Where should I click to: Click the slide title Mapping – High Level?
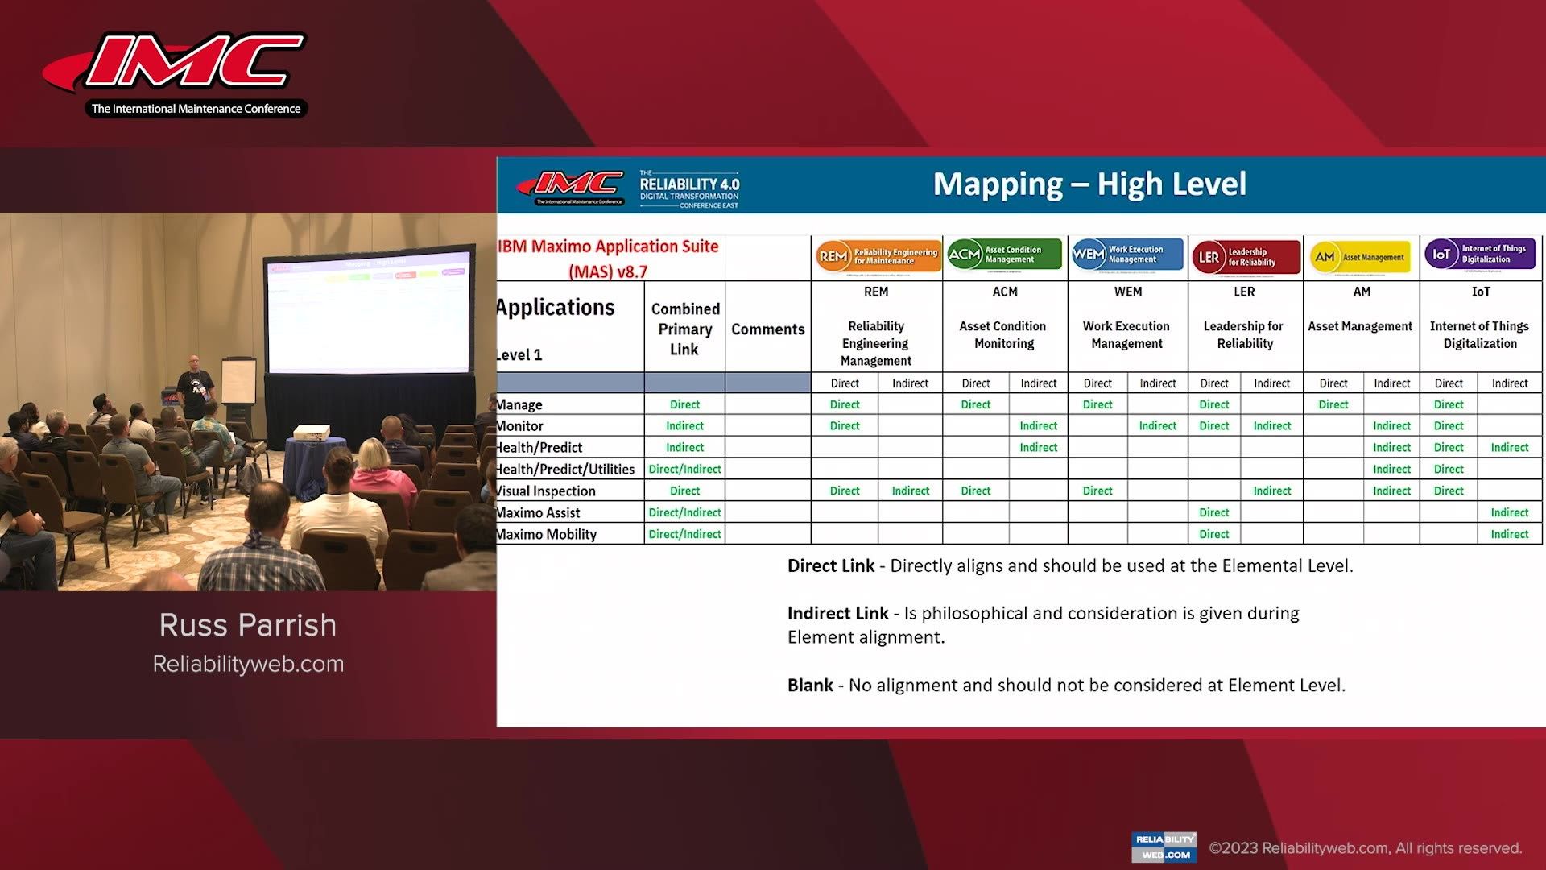pos(1089,184)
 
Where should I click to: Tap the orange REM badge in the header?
pos(877,256)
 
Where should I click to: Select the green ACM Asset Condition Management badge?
pos(1004,255)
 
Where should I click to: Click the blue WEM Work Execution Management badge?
pos(1126,255)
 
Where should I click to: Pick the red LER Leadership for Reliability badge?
pos(1245,257)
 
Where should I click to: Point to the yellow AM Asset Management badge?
pos(1361,257)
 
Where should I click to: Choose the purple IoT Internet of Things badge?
pos(1480,255)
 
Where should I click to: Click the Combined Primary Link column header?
pos(684,329)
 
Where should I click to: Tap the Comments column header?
pos(767,329)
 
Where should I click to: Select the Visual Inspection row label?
pos(546,491)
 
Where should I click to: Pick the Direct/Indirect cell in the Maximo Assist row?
pos(684,512)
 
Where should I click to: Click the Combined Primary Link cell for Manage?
pos(684,404)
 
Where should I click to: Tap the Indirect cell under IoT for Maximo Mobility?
pos(1509,534)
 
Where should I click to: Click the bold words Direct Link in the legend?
pos(830,565)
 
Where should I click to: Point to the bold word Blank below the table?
pos(810,685)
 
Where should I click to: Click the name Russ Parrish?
pos(248,625)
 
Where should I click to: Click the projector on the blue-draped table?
pos(310,433)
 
